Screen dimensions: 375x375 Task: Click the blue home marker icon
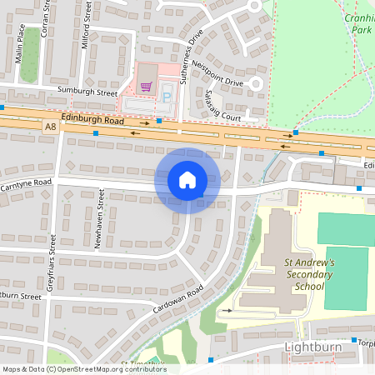click(x=187, y=180)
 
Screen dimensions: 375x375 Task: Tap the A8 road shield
click(x=52, y=127)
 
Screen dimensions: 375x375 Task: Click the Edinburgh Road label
click(x=92, y=121)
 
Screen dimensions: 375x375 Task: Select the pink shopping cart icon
click(x=147, y=86)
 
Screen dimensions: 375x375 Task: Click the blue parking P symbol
click(x=165, y=97)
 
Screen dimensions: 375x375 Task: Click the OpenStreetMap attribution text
click(x=83, y=369)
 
